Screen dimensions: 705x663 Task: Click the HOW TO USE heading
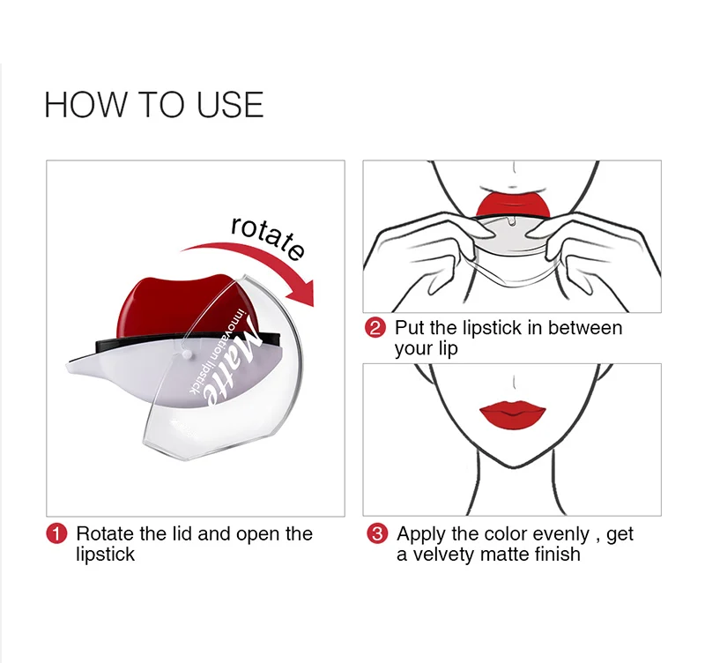tap(153, 105)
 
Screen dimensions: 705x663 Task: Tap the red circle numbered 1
tap(56, 534)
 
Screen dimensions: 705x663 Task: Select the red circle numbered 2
tap(375, 328)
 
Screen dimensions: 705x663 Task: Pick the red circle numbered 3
tap(377, 534)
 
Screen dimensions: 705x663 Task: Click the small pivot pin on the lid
tap(187, 355)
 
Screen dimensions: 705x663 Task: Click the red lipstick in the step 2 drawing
tap(513, 204)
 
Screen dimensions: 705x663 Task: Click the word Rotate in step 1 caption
tap(105, 534)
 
